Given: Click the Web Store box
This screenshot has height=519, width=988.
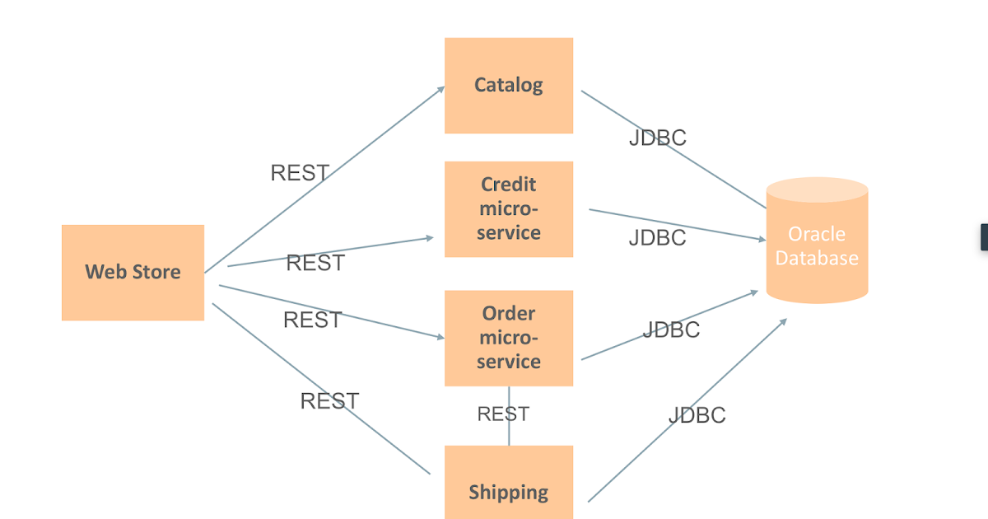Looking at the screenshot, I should tap(133, 272).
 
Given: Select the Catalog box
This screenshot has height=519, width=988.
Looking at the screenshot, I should tap(508, 85).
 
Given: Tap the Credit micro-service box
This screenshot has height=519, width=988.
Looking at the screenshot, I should tap(508, 208).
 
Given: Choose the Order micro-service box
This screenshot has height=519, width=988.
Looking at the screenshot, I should tap(508, 338).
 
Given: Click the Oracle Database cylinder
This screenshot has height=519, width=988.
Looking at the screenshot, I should tap(817, 243).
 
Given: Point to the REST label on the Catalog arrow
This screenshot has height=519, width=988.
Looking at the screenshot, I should tap(300, 173).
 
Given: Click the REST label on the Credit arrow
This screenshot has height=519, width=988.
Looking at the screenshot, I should tap(315, 263).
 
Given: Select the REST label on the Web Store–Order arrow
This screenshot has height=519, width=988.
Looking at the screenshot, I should tap(312, 320).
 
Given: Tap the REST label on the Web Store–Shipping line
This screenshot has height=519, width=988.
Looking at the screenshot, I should tap(329, 401).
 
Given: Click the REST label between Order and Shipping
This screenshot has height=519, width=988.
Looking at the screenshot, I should tap(503, 414).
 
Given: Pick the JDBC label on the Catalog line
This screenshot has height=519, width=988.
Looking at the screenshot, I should tap(657, 138).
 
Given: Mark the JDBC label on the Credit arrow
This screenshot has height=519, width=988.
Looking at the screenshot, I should tap(657, 237).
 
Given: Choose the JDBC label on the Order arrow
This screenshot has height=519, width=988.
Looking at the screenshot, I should tap(671, 330).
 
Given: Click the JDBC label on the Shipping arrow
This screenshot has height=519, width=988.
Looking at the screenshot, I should tap(697, 414).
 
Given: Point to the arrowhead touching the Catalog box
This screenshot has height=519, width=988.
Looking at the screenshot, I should tap(440, 88).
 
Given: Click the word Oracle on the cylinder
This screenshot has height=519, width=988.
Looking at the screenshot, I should tap(816, 233).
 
